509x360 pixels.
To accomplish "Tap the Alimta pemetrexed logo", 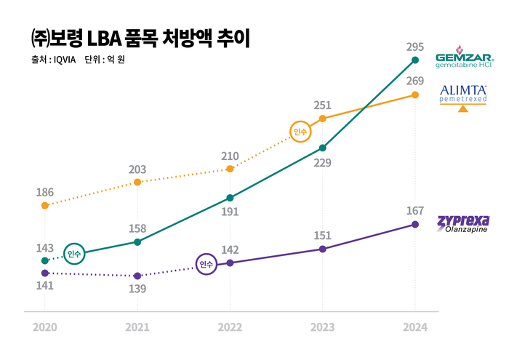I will [x=463, y=97].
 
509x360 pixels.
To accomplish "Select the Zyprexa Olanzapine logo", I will [x=462, y=223].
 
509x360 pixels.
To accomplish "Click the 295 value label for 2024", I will [x=415, y=47].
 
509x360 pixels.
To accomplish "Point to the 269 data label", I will [x=415, y=81].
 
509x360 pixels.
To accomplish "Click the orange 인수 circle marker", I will [x=300, y=132].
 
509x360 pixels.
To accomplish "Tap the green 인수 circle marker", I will [x=74, y=254].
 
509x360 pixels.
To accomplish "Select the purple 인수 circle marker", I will [x=207, y=264].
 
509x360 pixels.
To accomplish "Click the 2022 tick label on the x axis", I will [x=230, y=328].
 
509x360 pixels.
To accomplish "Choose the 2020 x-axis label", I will [x=45, y=328].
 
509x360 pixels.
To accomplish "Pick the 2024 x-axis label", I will [x=415, y=328].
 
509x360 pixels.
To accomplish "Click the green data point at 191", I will [x=230, y=198].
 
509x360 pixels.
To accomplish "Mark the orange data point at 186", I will [x=45, y=206].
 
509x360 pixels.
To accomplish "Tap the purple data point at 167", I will [x=415, y=224].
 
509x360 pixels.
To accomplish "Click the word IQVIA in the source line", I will [x=68, y=60].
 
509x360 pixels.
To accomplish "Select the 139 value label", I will [x=137, y=289].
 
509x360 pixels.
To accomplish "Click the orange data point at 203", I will [x=137, y=182].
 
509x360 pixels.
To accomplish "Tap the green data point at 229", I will [x=323, y=148].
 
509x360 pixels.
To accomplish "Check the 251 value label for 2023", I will [x=323, y=105].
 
